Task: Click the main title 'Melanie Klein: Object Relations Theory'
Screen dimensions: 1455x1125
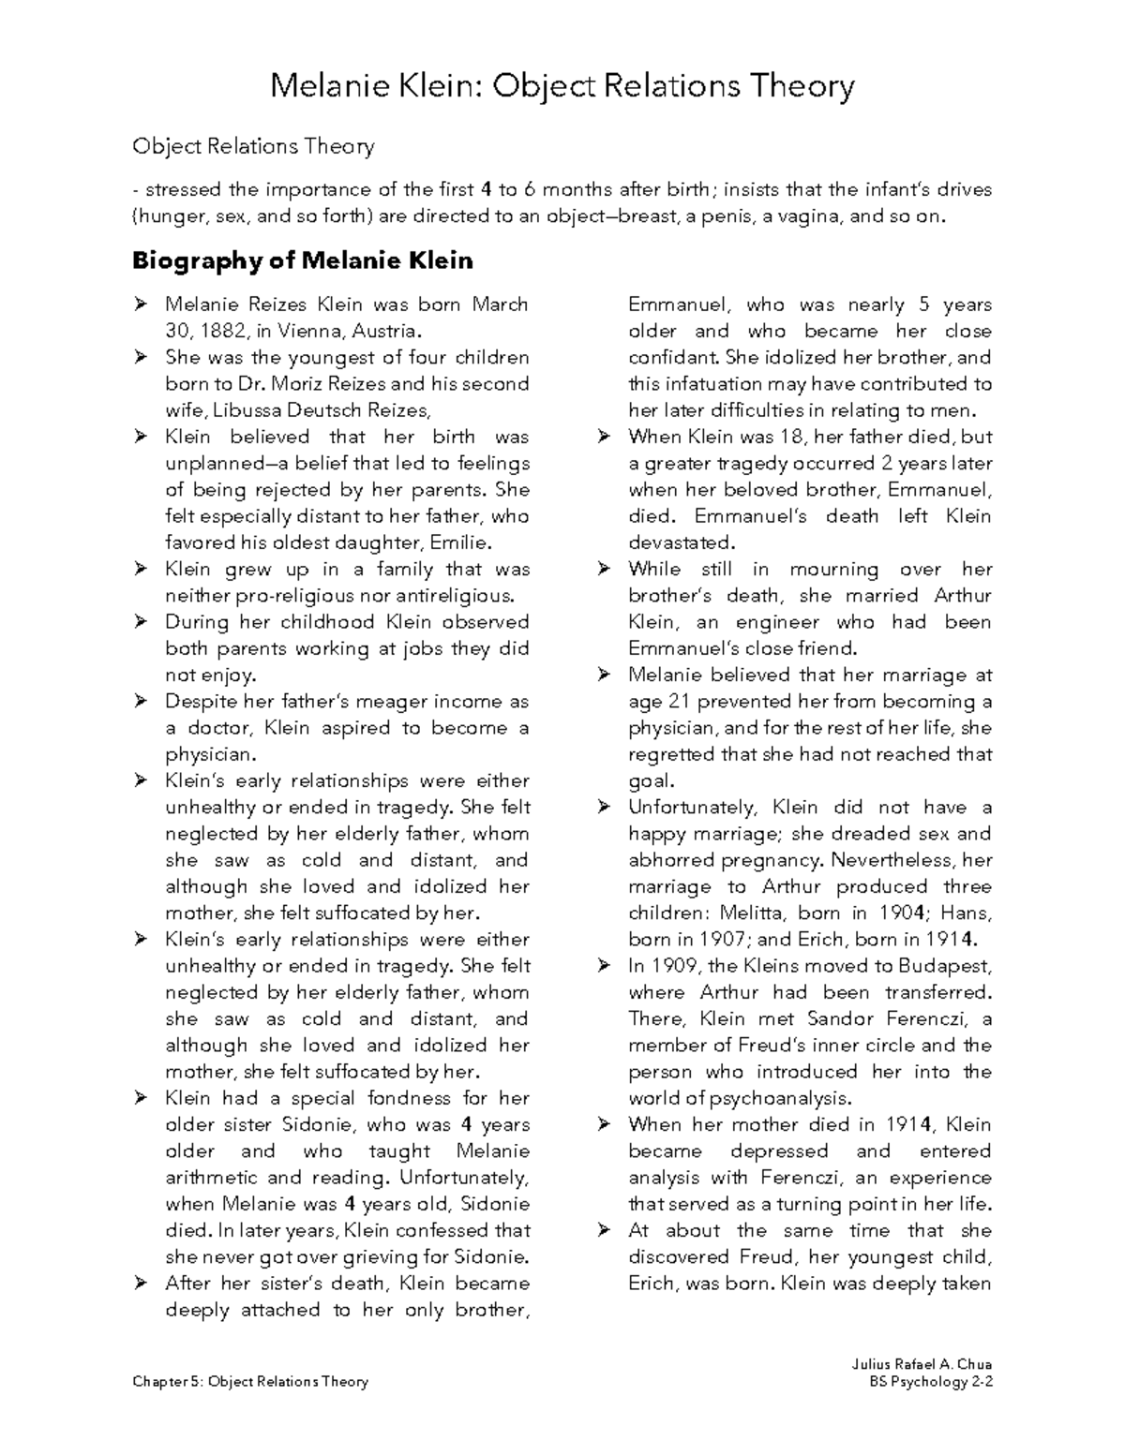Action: coord(562,86)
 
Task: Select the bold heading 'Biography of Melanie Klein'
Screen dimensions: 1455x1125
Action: coord(302,260)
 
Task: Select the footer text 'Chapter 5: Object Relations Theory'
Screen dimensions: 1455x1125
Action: coord(250,1381)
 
